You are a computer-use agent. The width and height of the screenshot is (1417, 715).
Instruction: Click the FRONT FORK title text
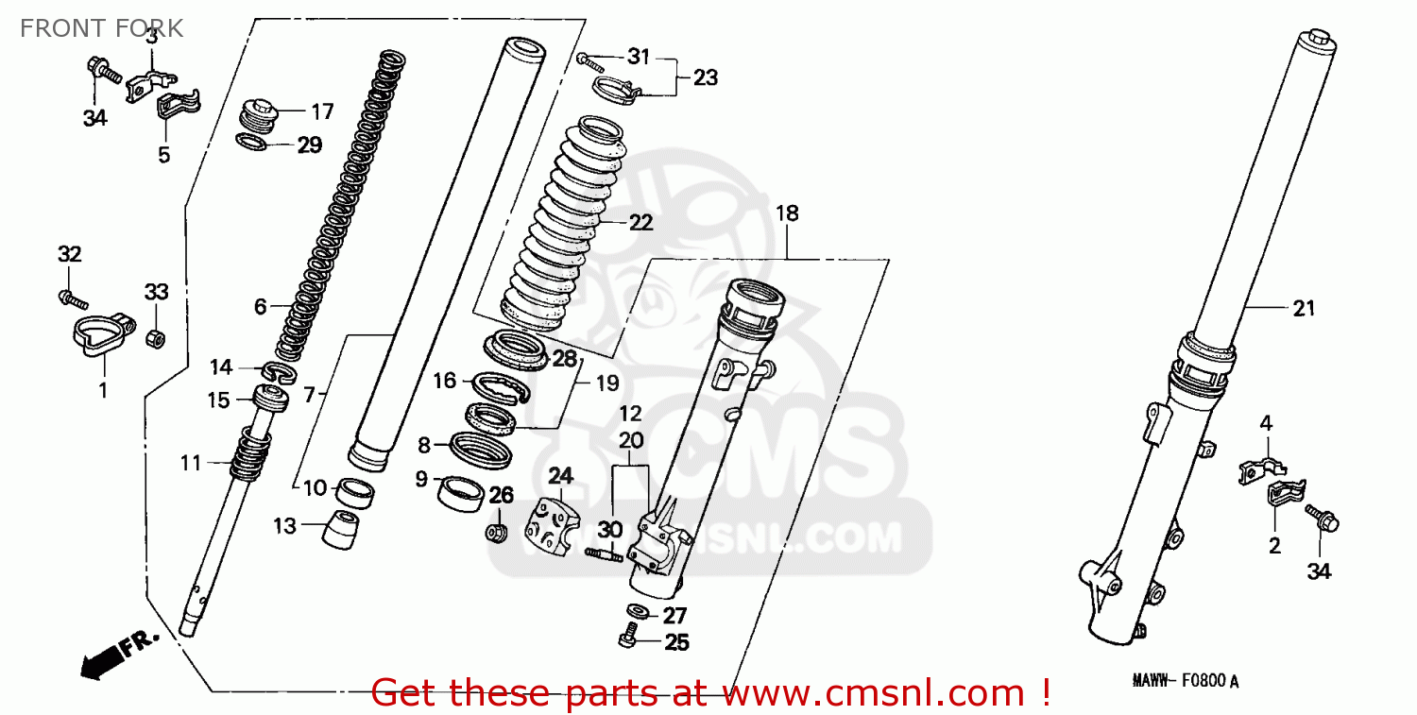point(101,28)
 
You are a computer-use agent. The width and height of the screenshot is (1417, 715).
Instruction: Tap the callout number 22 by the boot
point(640,223)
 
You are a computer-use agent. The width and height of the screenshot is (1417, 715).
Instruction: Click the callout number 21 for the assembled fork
point(1304,308)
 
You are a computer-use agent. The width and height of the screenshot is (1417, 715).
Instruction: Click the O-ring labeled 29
point(250,144)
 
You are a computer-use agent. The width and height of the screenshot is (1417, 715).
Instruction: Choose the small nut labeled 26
point(494,534)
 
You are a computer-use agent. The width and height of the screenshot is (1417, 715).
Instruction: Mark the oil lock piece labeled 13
point(341,530)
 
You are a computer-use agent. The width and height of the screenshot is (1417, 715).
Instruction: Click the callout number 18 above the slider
point(786,213)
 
